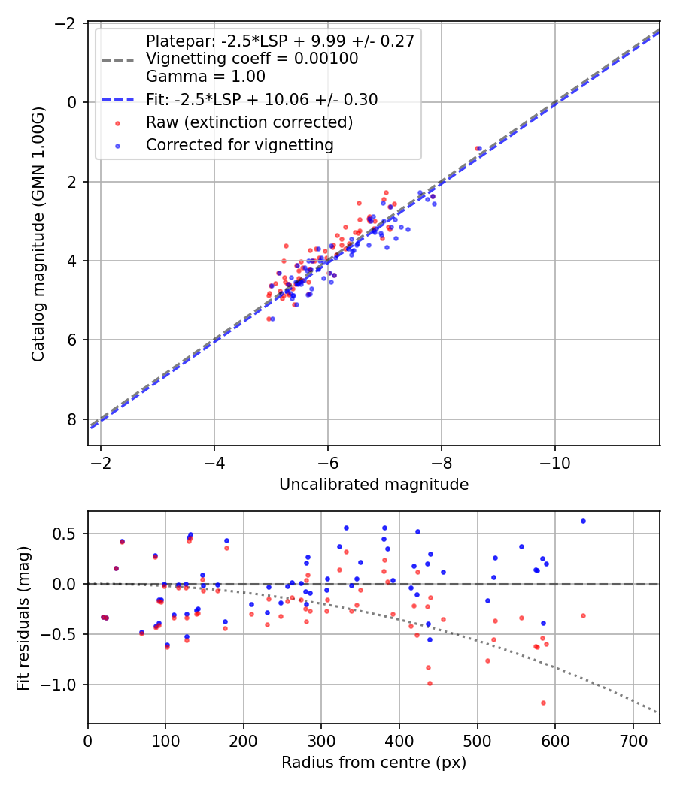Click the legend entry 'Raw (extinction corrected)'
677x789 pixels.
pos(249,122)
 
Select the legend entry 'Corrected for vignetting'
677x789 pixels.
pos(239,144)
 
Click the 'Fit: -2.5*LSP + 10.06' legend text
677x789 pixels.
pos(262,100)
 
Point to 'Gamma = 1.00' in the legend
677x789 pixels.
pos(205,76)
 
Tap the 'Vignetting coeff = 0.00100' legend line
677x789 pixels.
pos(252,59)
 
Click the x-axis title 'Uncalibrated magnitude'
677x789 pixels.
pos(374,485)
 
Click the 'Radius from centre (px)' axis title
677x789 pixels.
pos(374,763)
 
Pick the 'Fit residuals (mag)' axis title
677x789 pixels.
pos(23,617)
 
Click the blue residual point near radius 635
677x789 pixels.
pos(583,521)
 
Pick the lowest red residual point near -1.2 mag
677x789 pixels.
pos(543,703)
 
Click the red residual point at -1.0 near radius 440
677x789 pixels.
pos(430,683)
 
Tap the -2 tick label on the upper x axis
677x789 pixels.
pos(101,461)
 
